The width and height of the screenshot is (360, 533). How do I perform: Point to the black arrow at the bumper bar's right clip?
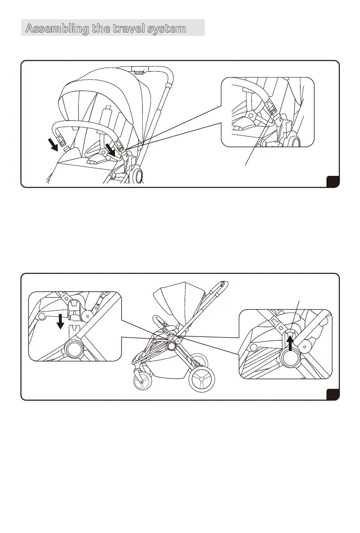pyautogui.click(x=110, y=150)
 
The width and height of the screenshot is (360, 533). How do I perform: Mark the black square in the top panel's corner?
pyautogui.click(x=333, y=181)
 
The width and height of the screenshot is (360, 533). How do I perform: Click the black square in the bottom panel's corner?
pyautogui.click(x=333, y=394)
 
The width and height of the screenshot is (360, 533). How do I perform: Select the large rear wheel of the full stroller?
pyautogui.click(x=202, y=380)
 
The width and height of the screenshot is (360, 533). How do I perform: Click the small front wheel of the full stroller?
pyautogui.click(x=142, y=382)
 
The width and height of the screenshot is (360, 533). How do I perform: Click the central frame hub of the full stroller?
pyautogui.click(x=170, y=346)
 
